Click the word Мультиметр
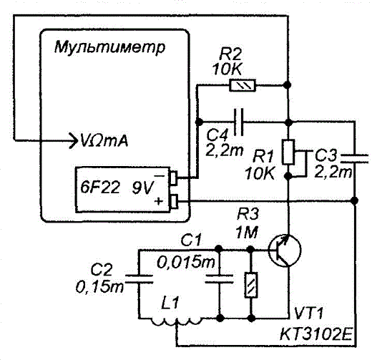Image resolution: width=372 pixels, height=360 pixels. pyautogui.click(x=109, y=47)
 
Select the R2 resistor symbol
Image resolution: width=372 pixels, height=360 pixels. pyautogui.click(x=243, y=85)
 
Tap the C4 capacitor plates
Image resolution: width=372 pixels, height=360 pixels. pyautogui.click(x=239, y=122)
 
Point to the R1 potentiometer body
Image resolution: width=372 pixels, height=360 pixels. pyautogui.click(x=288, y=152)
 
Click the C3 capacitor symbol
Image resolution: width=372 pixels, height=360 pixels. pyautogui.click(x=355, y=159)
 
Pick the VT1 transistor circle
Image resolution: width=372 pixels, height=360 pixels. pyautogui.click(x=285, y=250)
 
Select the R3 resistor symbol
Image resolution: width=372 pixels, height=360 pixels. pyautogui.click(x=251, y=285)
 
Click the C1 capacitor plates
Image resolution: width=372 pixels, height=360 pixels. pyautogui.click(x=219, y=279)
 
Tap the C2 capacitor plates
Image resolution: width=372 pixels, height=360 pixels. pyautogui.click(x=139, y=279)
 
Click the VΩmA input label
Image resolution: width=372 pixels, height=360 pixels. pyautogui.click(x=104, y=141)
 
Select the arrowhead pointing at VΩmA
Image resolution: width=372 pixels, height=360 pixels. pyautogui.click(x=73, y=140)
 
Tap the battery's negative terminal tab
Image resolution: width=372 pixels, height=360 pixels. pyautogui.click(x=175, y=178)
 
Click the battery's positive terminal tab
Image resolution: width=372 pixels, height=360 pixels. pyautogui.click(x=175, y=202)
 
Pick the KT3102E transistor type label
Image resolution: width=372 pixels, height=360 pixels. pyautogui.click(x=315, y=334)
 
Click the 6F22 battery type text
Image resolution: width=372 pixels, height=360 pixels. pyautogui.click(x=100, y=188)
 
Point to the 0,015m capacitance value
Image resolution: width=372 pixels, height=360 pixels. pyautogui.click(x=186, y=263)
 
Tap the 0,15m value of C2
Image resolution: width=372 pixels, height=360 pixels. pyautogui.click(x=99, y=286)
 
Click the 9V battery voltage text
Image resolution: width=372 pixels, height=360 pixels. pyautogui.click(x=142, y=188)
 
